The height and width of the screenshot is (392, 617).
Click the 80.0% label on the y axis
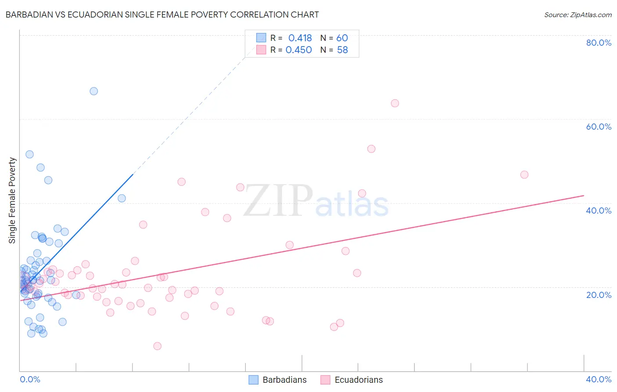(599, 43)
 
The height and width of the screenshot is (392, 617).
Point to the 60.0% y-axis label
(599, 127)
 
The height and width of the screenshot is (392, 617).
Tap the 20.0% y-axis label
(599, 294)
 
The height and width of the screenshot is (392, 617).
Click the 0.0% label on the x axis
(30, 379)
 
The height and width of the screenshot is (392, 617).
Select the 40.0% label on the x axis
(599, 379)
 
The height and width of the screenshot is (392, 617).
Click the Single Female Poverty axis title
(12, 200)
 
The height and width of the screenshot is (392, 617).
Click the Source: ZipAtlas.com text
(578, 15)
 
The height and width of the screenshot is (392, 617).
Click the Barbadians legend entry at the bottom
(278, 380)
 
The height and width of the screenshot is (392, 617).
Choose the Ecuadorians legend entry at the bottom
(352, 380)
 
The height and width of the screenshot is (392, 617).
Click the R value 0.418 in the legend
(300, 38)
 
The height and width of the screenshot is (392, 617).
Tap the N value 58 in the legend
(342, 50)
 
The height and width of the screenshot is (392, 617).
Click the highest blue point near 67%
(93, 91)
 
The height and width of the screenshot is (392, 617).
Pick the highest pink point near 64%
(395, 103)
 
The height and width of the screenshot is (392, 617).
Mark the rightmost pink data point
(524, 175)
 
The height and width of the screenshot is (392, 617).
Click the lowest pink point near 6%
(157, 346)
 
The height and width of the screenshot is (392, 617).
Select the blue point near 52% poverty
(29, 154)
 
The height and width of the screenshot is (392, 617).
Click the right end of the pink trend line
(584, 195)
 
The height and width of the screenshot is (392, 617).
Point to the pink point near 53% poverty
(371, 149)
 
